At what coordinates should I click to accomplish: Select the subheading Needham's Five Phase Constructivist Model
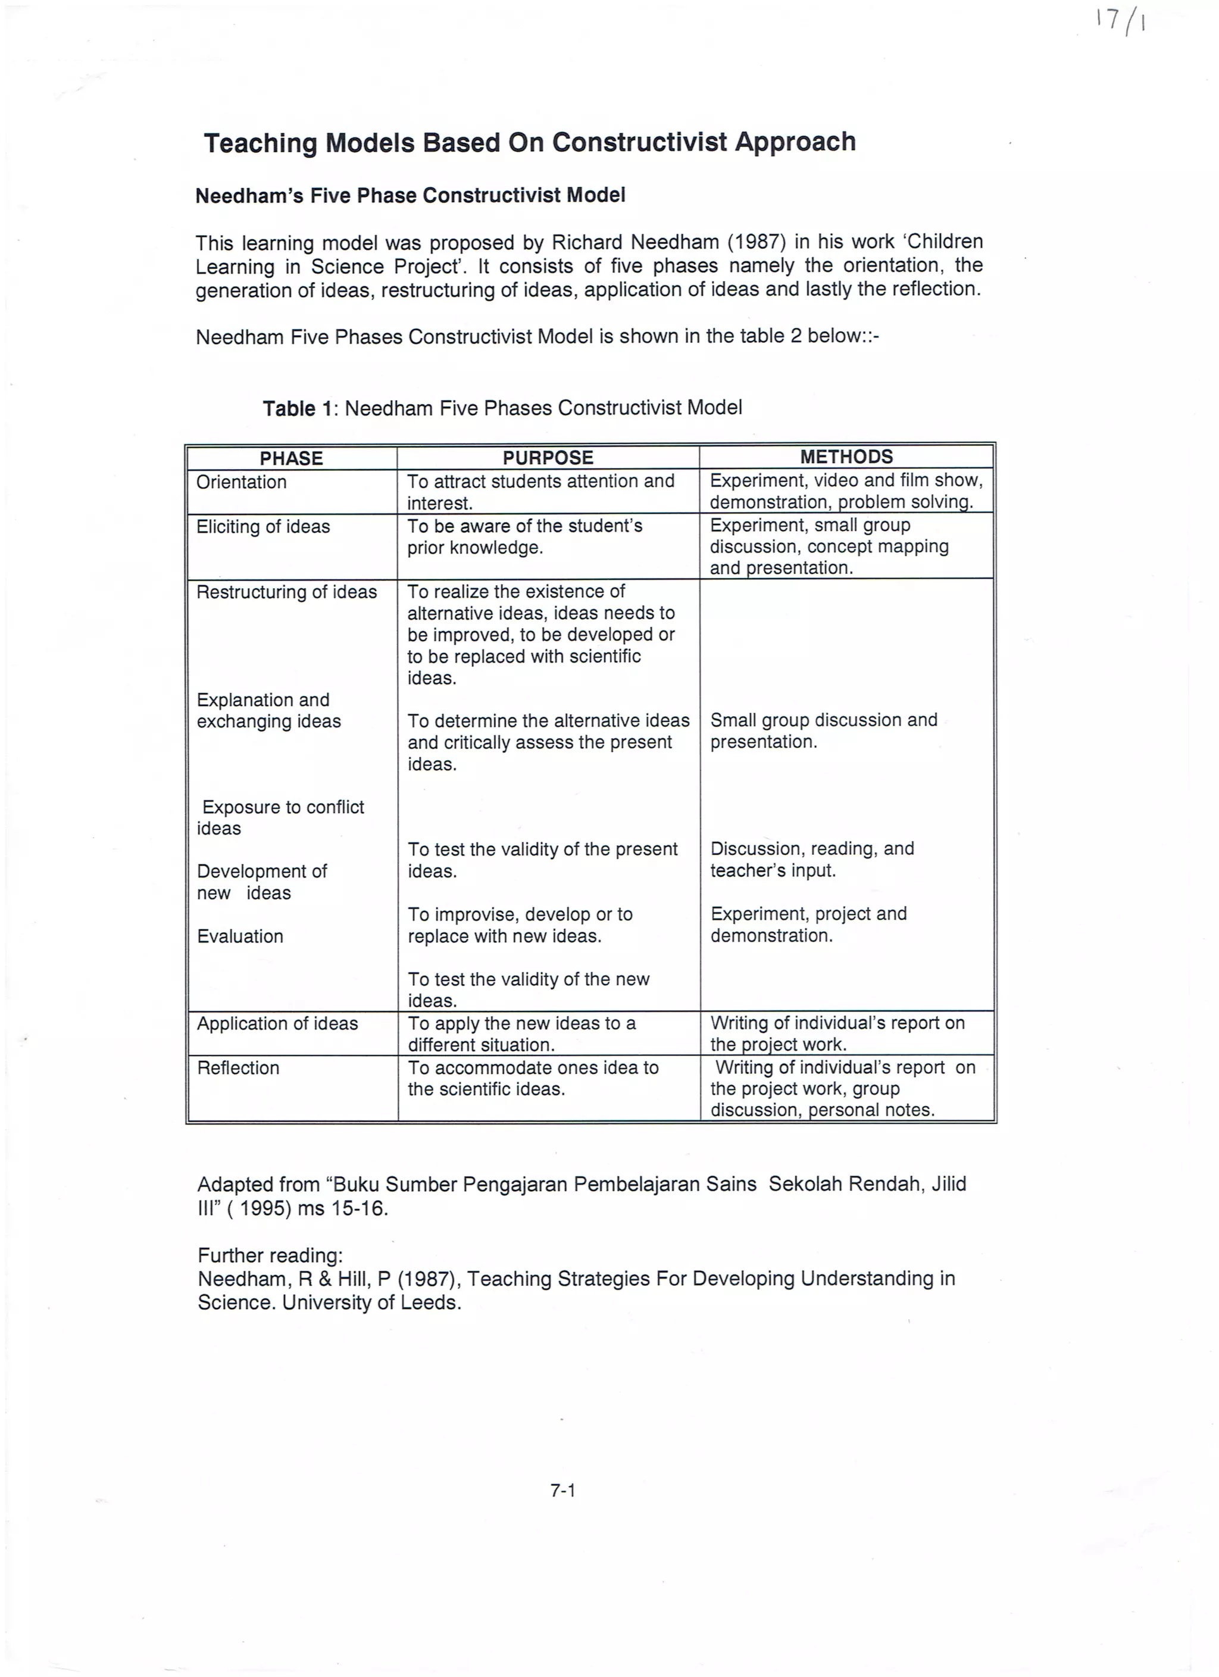click(410, 195)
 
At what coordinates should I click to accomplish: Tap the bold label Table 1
click(299, 408)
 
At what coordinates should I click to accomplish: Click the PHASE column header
click(291, 458)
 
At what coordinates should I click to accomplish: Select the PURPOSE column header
click(548, 458)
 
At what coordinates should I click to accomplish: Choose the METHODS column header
click(846, 457)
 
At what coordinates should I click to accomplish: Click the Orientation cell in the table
click(242, 482)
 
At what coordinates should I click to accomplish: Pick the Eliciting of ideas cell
click(263, 526)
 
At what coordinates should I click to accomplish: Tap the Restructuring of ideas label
click(287, 592)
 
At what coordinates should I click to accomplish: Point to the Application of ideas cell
click(277, 1023)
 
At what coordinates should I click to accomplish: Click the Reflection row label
click(238, 1068)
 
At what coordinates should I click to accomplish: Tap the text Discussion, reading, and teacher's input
click(812, 859)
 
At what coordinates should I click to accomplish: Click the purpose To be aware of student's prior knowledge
click(525, 537)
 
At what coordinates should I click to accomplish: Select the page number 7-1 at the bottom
click(562, 1491)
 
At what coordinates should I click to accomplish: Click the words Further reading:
click(270, 1256)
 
